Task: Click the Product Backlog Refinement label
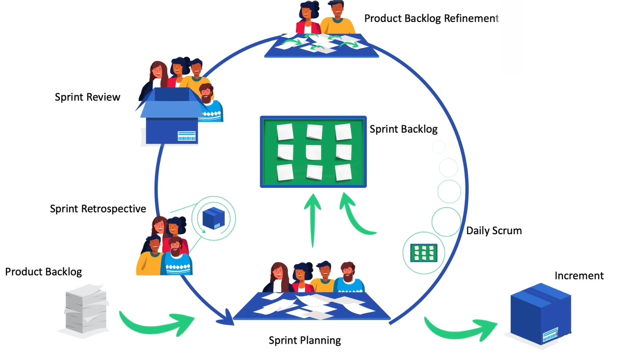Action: coord(432,18)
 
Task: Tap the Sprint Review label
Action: coord(88,97)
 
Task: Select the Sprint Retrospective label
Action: coord(98,209)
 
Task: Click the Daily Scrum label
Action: coord(494,231)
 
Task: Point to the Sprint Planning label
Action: coord(305,340)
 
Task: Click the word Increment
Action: coord(579,276)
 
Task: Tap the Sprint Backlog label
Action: coord(404,129)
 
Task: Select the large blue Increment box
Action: coord(541,314)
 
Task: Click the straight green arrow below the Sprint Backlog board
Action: coord(313,220)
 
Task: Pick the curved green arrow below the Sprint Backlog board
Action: coord(354,216)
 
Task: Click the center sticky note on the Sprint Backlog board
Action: coord(314,152)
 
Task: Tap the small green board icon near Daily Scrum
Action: coord(424,253)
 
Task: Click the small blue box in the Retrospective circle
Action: coord(213,218)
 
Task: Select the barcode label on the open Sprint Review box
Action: coord(187,136)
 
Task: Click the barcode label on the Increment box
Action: coord(550,335)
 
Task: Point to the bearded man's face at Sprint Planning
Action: coord(348,273)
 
